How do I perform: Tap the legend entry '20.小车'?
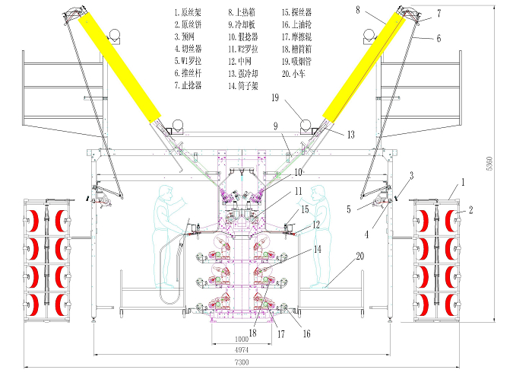(297, 73)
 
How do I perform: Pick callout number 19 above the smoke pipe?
(276, 97)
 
